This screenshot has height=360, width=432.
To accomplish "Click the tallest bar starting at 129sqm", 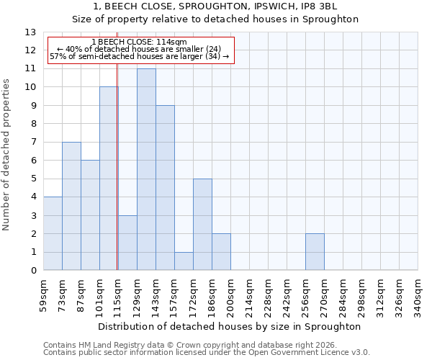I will [146, 169].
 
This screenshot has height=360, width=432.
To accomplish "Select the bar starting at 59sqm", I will [53, 233].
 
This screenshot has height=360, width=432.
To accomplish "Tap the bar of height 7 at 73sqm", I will [71, 206].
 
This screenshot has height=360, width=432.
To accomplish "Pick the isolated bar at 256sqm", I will [315, 252].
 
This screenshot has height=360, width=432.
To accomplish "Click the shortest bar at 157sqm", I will [184, 261].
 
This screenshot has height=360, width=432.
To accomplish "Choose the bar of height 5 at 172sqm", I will [202, 225].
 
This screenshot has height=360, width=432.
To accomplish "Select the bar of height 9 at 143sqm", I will [165, 188].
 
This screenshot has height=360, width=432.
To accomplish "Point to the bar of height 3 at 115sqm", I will [127, 243].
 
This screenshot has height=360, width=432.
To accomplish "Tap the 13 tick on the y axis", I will [31, 32].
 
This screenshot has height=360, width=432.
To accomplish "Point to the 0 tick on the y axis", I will [33, 271].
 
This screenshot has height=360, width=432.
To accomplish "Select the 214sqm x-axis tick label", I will [250, 295].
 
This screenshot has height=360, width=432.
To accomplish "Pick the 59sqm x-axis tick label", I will [44, 295].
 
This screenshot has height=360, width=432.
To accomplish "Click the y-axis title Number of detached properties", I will [7, 155].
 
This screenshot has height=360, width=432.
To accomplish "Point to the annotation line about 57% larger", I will [140, 56].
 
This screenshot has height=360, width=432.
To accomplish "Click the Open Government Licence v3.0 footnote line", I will [207, 353].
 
